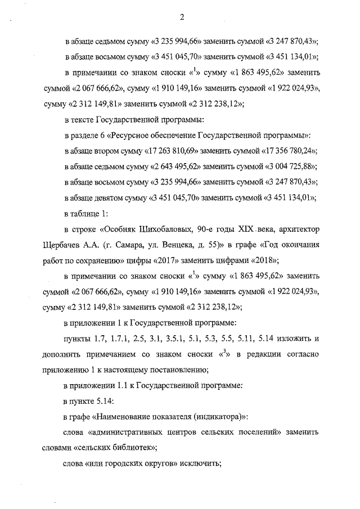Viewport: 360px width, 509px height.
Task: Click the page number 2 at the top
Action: pyautogui.click(x=182, y=16)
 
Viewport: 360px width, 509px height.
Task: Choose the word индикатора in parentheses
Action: pyautogui.click(x=218, y=417)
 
